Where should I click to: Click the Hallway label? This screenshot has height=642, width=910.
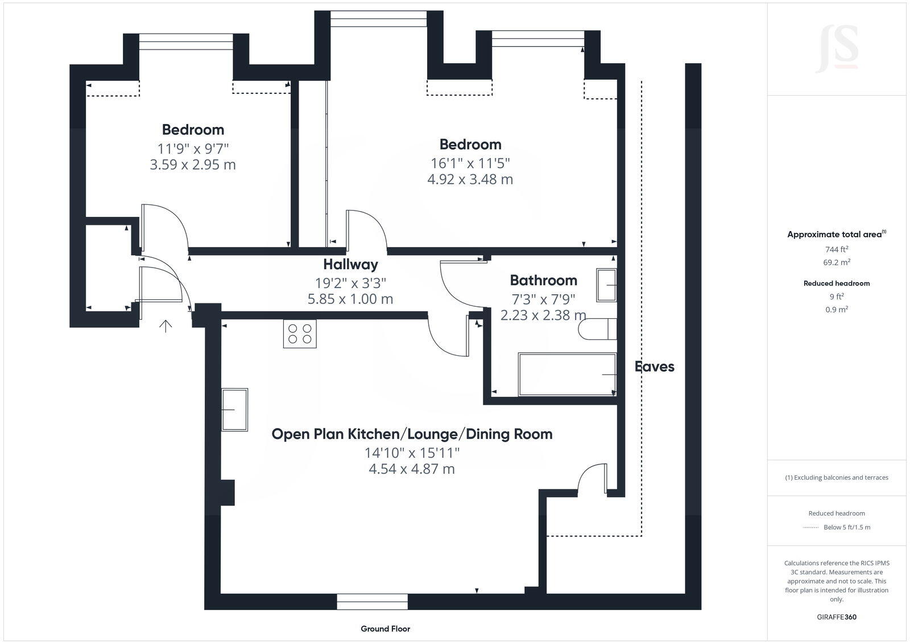coord(350,265)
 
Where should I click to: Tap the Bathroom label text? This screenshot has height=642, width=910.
coord(543,281)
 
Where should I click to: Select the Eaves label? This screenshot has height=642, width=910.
coord(655,367)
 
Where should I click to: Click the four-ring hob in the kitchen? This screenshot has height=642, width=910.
coord(300,334)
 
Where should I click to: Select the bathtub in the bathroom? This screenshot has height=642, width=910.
coord(567,374)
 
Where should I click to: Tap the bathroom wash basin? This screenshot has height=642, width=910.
coord(606,285)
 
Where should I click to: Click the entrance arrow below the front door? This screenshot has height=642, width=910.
coord(166,326)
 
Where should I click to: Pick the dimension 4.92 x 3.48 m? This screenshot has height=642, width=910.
coord(470,180)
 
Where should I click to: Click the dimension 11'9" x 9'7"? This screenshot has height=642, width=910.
coord(193,149)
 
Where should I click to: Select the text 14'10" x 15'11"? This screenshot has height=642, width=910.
coord(412,453)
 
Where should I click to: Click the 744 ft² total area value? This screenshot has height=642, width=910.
coord(837,249)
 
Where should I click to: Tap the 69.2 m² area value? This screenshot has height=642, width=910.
coord(837,263)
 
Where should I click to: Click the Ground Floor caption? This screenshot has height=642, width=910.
coord(385,629)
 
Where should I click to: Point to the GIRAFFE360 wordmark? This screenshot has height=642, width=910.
coord(837,617)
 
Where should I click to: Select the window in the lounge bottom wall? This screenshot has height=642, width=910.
coord(372,602)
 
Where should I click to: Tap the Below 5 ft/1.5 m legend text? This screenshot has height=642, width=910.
coord(847,528)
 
